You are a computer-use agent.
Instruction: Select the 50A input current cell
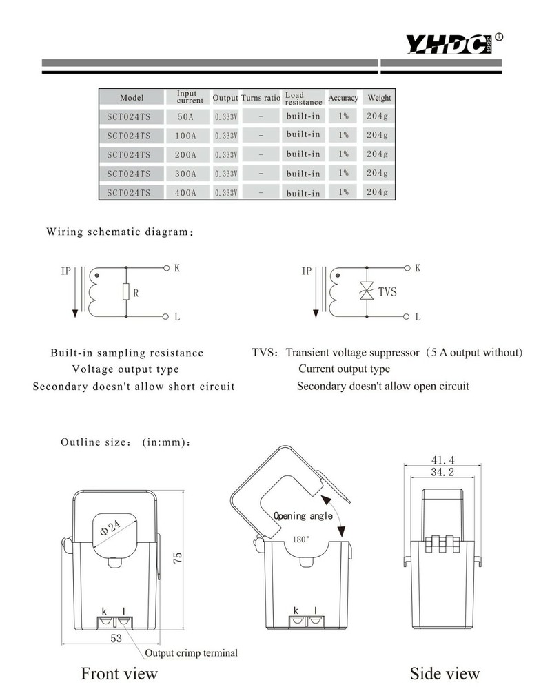click(186, 116)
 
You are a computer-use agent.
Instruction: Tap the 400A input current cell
click(186, 193)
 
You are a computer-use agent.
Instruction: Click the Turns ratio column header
click(261, 98)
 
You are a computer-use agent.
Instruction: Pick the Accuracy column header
click(343, 98)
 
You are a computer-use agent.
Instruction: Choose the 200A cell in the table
click(186, 155)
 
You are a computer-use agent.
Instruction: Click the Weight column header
click(379, 98)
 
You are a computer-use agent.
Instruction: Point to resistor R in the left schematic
click(126, 292)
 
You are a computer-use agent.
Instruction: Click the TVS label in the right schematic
click(387, 291)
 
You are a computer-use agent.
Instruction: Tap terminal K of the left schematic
click(167, 268)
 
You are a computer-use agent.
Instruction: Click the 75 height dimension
click(178, 559)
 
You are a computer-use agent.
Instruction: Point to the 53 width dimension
click(116, 639)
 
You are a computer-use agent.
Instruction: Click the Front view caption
click(119, 673)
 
